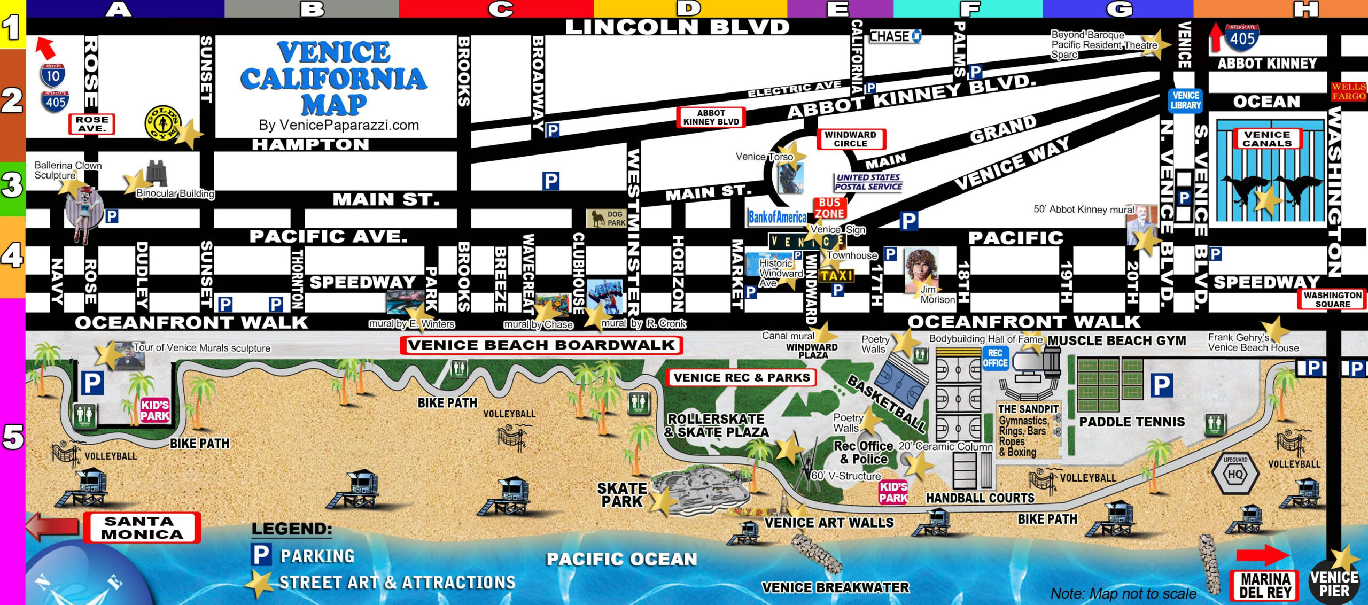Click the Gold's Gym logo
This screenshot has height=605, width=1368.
pyautogui.click(x=163, y=123)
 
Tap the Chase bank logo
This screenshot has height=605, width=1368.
pyautogui.click(x=895, y=36)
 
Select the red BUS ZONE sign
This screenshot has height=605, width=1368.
pyautogui.click(x=829, y=208)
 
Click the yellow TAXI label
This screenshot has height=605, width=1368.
pyautogui.click(x=837, y=275)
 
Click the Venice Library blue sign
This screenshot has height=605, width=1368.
pyautogui.click(x=1185, y=100)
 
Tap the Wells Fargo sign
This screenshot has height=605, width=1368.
pyautogui.click(x=1348, y=91)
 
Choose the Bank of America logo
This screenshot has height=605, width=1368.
pyautogui.click(x=778, y=217)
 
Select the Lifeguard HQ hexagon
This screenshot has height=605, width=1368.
pyautogui.click(x=1235, y=474)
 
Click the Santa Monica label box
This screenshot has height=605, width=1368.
pyautogui.click(x=142, y=528)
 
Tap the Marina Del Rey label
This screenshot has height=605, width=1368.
pyautogui.click(x=1265, y=585)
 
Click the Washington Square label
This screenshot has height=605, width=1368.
pyautogui.click(x=1332, y=299)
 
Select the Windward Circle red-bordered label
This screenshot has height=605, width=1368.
pyautogui.click(x=850, y=139)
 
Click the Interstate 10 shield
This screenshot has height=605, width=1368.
pyautogui.click(x=53, y=75)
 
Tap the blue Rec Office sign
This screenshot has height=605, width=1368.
pyautogui.click(x=995, y=358)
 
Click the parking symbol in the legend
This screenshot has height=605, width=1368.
pyautogui.click(x=261, y=554)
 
